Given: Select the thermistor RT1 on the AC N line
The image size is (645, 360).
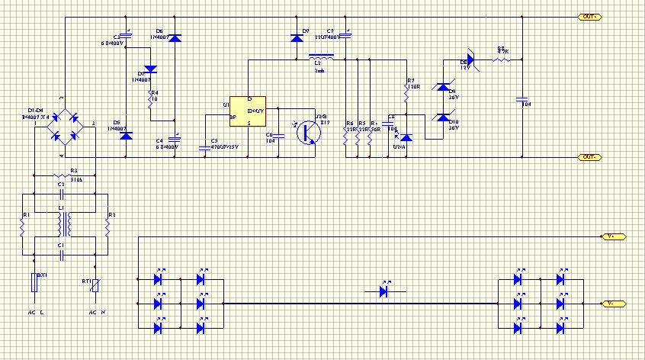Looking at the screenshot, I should (x=95, y=288).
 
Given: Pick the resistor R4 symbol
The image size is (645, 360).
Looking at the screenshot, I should (x=152, y=98).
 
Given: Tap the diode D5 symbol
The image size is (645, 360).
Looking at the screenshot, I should (x=127, y=135).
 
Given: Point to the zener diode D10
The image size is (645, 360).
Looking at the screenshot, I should (x=442, y=118).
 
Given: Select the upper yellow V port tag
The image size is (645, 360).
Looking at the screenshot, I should (x=614, y=237).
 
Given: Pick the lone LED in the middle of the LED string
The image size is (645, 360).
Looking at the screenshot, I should (x=385, y=291).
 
